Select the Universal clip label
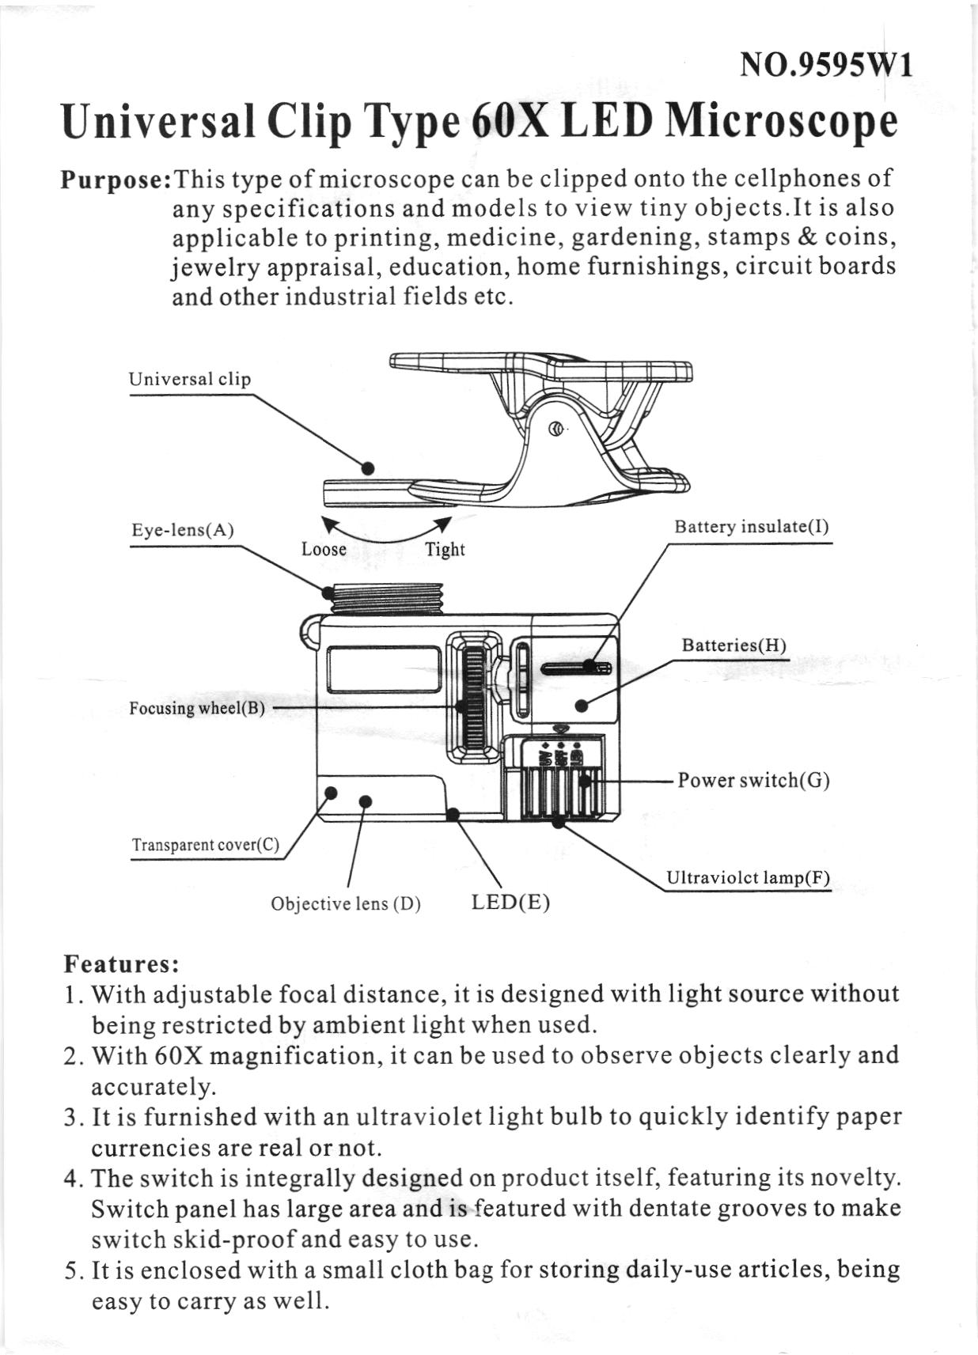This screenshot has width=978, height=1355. [189, 379]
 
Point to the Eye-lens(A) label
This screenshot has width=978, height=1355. [182, 530]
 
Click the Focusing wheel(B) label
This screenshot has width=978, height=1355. [196, 708]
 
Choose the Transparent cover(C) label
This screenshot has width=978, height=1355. [205, 845]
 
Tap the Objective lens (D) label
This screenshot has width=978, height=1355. [345, 903]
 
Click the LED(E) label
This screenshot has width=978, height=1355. [510, 903]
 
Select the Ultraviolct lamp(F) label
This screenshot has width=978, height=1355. [747, 878]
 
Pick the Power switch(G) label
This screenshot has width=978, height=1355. [753, 781]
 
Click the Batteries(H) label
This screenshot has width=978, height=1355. [733, 645]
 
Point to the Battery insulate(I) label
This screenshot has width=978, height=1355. [751, 527]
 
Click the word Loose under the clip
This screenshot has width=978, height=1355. [324, 549]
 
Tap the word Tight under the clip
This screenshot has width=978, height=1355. [445, 549]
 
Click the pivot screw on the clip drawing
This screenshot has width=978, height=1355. [556, 430]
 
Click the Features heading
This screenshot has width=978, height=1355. [121, 965]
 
